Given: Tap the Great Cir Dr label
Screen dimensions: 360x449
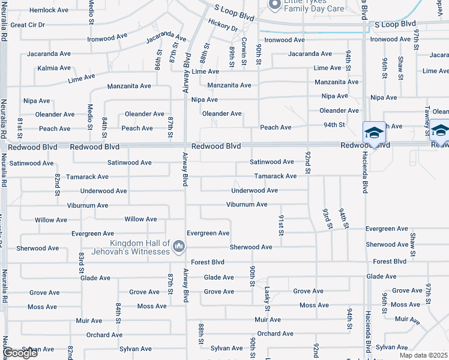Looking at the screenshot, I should [28, 25].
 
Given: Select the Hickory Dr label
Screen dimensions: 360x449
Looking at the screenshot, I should [223, 25].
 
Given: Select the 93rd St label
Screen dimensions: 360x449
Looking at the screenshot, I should [327, 218].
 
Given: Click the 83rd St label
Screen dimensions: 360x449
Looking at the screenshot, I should [81, 262].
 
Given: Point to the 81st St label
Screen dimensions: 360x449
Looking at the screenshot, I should [20, 127].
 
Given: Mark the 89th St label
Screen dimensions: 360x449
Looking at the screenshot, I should [231, 55].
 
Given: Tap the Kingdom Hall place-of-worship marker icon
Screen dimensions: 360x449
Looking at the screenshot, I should [178, 246].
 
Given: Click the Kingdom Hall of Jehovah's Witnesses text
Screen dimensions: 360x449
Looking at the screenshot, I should [139, 247].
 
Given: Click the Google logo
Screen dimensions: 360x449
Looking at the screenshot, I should [20, 353].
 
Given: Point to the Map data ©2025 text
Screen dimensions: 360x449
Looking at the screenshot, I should [424, 355].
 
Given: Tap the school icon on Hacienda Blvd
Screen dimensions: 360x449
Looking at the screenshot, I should [373, 131].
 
